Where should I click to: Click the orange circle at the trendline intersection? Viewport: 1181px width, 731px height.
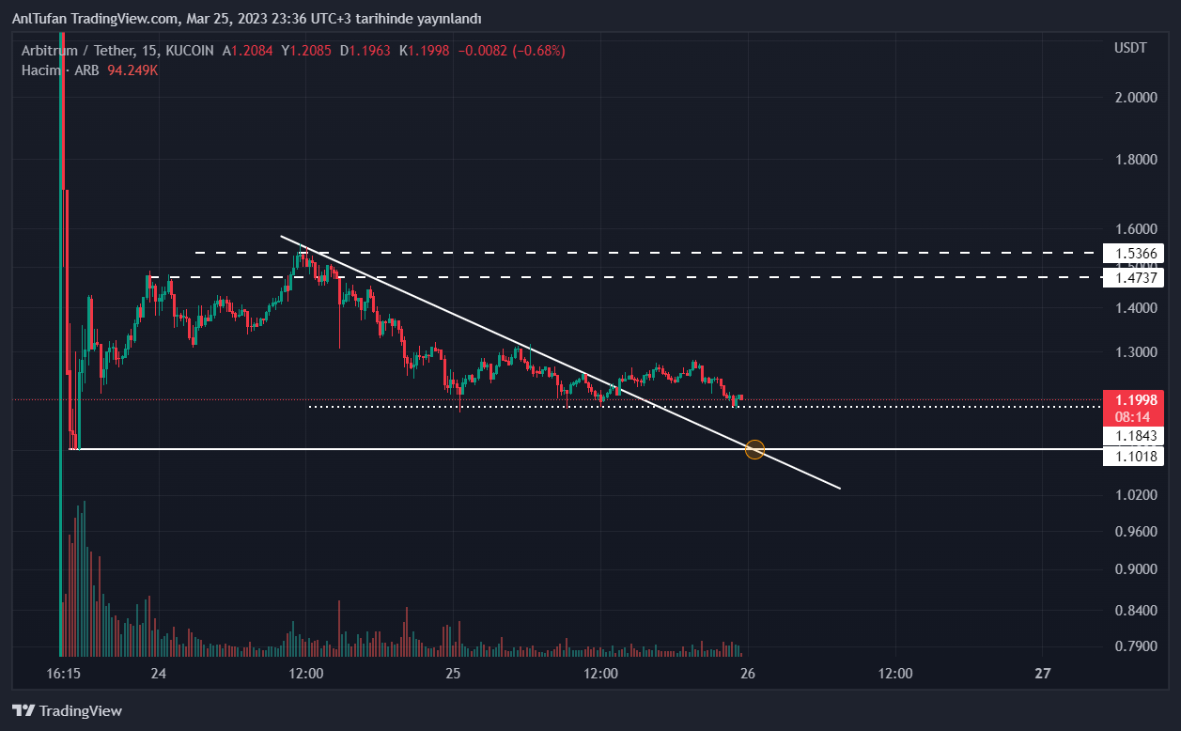click(754, 449)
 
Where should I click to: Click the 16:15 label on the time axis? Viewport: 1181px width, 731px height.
click(64, 674)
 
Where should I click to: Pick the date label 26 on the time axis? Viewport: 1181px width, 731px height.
click(748, 674)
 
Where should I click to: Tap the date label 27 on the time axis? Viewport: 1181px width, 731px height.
click(1042, 674)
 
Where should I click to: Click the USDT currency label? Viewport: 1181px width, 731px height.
click(1129, 48)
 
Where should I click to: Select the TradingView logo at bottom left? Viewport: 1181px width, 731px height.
click(67, 711)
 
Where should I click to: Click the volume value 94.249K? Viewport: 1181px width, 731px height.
click(132, 70)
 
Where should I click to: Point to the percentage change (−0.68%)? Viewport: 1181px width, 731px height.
click(537, 51)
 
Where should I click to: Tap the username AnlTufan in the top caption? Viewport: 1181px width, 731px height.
click(37, 19)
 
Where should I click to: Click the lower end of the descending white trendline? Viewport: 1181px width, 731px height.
click(838, 489)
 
